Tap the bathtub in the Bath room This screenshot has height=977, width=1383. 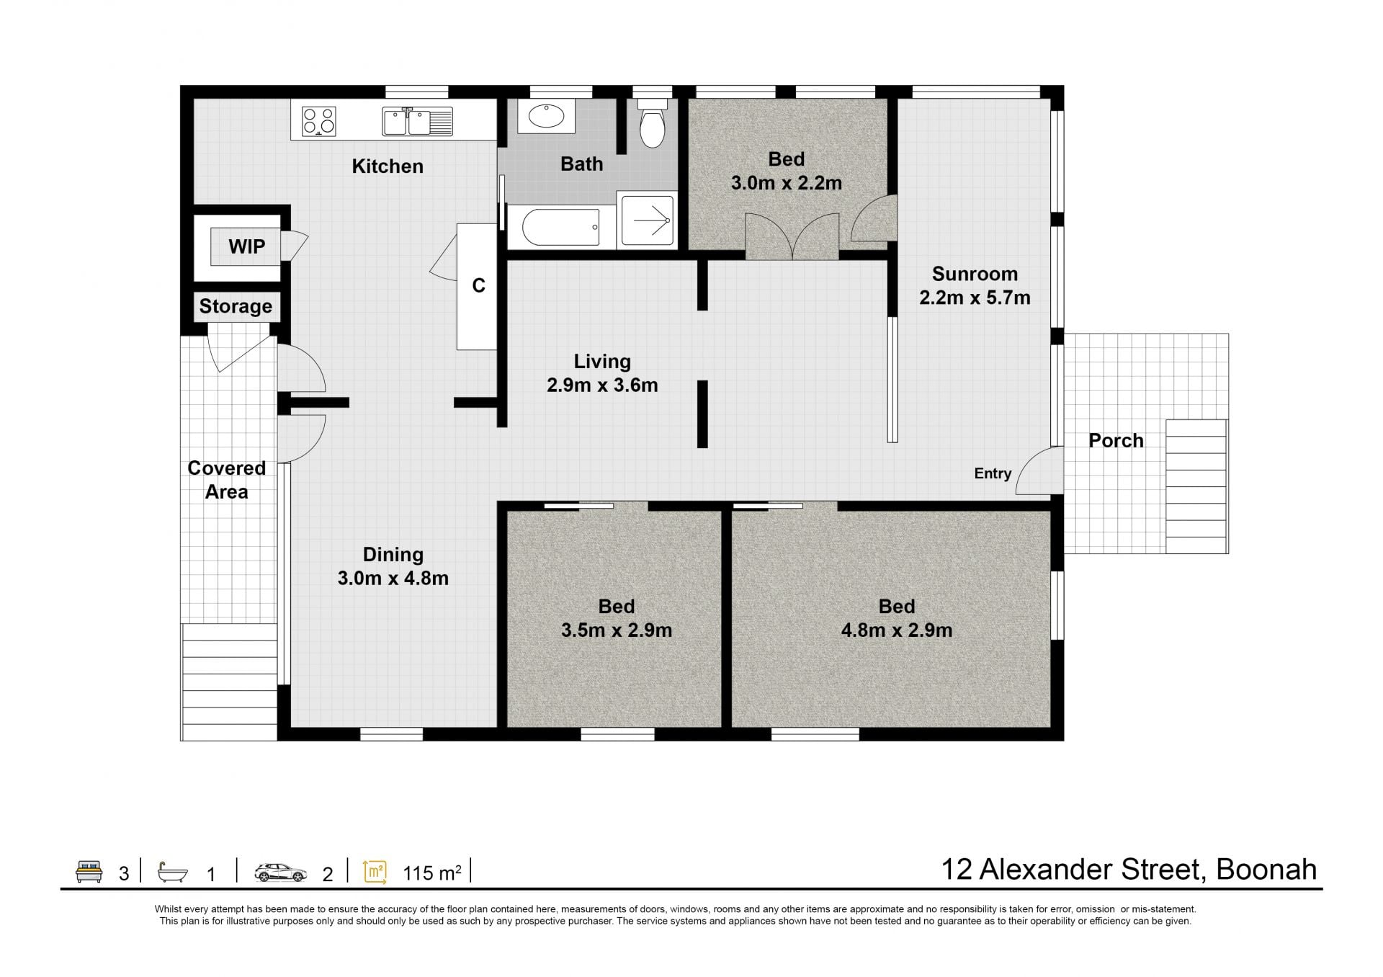(x=560, y=227)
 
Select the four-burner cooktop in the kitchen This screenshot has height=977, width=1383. (x=318, y=121)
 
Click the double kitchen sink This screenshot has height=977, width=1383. (x=417, y=122)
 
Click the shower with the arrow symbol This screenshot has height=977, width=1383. (x=647, y=219)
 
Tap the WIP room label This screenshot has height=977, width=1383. (x=247, y=246)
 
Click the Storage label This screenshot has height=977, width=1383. (x=236, y=306)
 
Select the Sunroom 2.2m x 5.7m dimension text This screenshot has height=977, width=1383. (x=975, y=298)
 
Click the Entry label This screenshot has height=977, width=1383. (x=993, y=473)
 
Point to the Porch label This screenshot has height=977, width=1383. (x=1116, y=440)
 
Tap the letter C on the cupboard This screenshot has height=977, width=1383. (x=478, y=286)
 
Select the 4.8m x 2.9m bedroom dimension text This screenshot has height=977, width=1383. (x=897, y=630)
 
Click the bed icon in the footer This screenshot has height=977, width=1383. (x=89, y=871)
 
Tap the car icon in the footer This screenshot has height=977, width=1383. (x=281, y=873)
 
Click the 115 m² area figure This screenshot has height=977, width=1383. (x=432, y=873)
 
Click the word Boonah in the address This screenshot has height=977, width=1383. (x=1266, y=870)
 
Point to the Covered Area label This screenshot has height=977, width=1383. (x=227, y=480)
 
